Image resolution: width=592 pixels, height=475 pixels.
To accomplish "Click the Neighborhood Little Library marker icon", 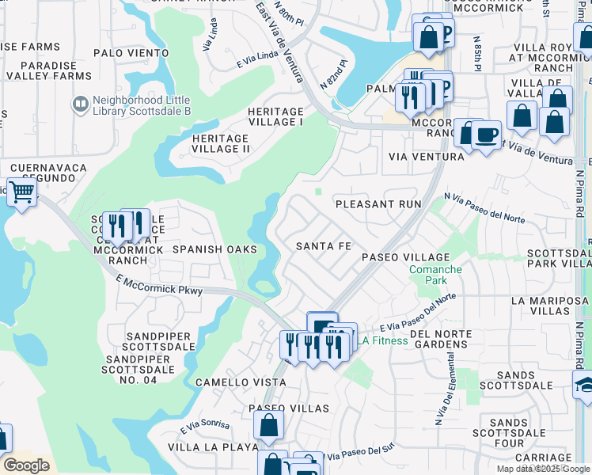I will coord(80,104).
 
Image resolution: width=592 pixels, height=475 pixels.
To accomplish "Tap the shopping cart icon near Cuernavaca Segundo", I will coord(22,191).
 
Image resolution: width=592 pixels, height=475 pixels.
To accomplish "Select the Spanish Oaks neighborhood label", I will coord(215,249).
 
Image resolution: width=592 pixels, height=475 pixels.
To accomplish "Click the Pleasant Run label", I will coord(378,204).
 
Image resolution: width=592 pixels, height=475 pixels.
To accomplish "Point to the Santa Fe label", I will coord(323,246).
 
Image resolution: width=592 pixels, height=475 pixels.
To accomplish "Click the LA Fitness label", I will coord(384,341).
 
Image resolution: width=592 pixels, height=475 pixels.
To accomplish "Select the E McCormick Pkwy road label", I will coord(159,285).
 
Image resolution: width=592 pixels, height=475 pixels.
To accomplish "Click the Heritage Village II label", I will coord(222,142).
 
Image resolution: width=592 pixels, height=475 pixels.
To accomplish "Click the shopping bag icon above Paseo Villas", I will coord(269,425).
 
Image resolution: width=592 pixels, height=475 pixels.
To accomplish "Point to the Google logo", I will coord(26,465).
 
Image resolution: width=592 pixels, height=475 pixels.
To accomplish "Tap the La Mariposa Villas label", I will coord(551,306).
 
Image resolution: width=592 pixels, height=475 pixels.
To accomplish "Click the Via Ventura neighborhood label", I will coord(426,157).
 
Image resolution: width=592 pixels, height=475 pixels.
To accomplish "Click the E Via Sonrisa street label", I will coord(204,425).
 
